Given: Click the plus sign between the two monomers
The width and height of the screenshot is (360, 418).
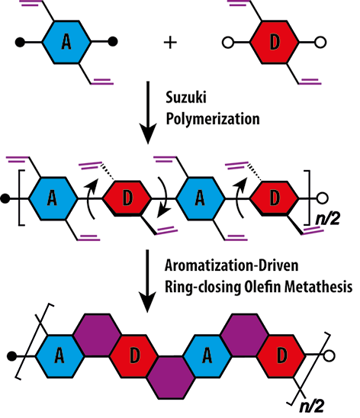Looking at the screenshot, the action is click(x=170, y=43).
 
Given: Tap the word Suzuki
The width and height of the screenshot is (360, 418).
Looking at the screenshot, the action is click(x=186, y=98).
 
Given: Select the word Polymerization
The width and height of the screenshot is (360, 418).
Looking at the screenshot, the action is click(x=213, y=119).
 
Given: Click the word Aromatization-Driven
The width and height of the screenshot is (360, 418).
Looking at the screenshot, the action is click(x=232, y=265).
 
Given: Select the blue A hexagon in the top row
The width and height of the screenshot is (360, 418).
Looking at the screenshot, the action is click(x=66, y=42).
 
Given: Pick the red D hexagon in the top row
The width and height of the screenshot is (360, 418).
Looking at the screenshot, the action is click(x=275, y=42).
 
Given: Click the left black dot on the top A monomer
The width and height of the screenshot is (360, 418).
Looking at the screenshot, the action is click(x=20, y=42).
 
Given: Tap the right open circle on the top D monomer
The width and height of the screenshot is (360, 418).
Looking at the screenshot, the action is click(x=320, y=43).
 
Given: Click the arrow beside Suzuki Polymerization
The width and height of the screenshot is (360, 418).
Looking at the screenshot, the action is click(x=148, y=112).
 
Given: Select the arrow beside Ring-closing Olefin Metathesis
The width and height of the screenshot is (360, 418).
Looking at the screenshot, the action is click(x=147, y=281).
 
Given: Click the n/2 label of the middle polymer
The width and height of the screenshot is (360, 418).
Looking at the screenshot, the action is click(x=327, y=219).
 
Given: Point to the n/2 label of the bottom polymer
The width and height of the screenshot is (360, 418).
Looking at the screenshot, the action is click(x=312, y=407).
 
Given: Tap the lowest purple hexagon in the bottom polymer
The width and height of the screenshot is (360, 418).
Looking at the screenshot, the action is click(x=171, y=378).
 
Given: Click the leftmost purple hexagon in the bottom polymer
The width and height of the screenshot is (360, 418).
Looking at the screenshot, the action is click(x=98, y=335).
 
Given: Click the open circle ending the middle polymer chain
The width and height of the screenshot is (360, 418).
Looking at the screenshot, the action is click(x=322, y=198).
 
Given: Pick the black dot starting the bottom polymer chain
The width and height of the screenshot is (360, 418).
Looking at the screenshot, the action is click(x=11, y=356).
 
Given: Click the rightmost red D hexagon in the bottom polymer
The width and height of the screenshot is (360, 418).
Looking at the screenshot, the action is click(x=281, y=356).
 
